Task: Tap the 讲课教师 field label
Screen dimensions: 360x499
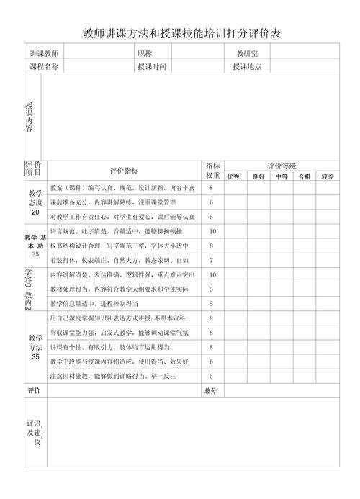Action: pyautogui.click(x=44, y=54)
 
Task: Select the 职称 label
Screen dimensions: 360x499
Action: pyautogui.click(x=144, y=54)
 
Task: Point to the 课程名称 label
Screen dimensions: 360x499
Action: pyautogui.click(x=44, y=67)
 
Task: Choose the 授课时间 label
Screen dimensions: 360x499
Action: pyautogui.click(x=152, y=67)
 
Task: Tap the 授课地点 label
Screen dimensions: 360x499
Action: pyautogui.click(x=247, y=67)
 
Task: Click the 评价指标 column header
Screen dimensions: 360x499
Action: pyautogui.click(x=125, y=171)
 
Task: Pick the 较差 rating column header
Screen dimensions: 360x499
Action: pyautogui.click(x=328, y=176)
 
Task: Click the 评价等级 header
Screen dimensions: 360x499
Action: pyautogui.click(x=282, y=166)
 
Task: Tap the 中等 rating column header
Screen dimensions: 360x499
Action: pyautogui.click(x=281, y=176)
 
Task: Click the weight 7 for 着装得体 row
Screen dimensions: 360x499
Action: pyautogui.click(x=212, y=260)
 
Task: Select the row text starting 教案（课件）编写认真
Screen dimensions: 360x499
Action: pyautogui.click(x=122, y=187)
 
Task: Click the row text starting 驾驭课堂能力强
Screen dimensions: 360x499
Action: pyautogui.click(x=120, y=333)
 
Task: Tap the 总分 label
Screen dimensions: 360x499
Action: pyautogui.click(x=210, y=391)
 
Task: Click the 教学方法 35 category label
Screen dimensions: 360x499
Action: pyautogui.click(x=35, y=347)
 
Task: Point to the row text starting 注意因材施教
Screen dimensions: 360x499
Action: pyautogui.click(x=113, y=376)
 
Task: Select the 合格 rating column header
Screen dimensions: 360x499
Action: pyautogui.click(x=304, y=176)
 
